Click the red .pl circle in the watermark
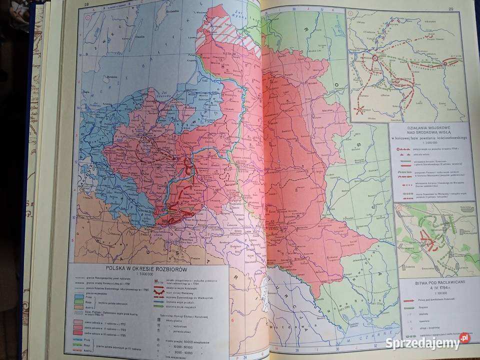coord(464,338)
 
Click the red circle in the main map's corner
coord(88,18)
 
